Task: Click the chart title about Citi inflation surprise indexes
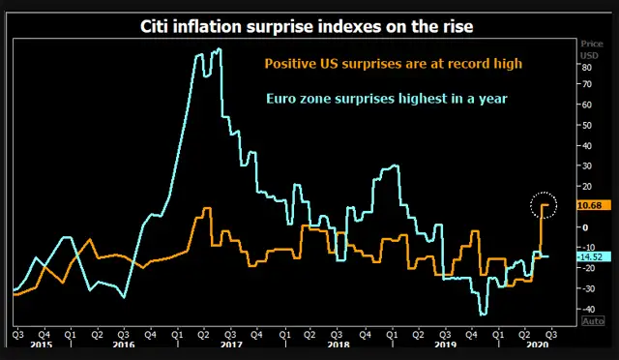310,25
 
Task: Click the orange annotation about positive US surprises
394,63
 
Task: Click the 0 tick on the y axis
584,227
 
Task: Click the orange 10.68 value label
589,205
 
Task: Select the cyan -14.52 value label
589,256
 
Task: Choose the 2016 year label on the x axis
123,344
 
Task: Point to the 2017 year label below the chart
230,344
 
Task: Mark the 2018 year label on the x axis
338,344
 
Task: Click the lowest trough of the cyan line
483,315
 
